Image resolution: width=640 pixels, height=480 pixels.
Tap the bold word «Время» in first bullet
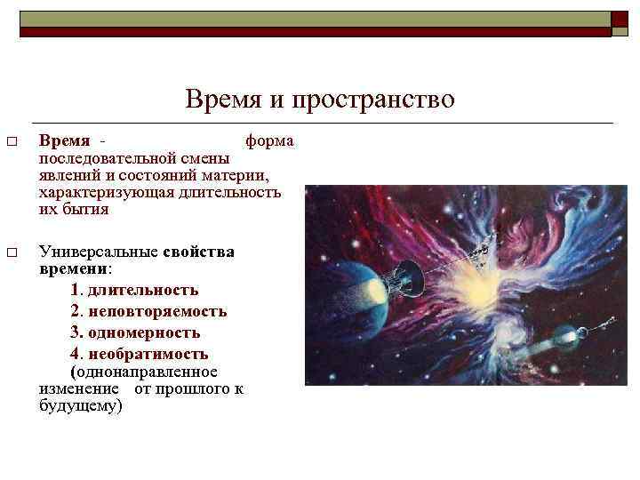65,141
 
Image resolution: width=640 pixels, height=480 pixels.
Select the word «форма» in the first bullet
269,141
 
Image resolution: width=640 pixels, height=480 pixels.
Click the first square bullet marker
11,142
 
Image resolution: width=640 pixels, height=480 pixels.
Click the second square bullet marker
11,253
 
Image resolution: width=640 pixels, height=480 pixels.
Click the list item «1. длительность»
133,291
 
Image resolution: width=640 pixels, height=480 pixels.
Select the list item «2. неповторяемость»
148,312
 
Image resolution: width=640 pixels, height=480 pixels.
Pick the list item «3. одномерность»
134,333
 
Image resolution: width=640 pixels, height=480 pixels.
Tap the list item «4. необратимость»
139,355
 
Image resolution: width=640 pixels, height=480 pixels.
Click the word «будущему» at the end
80,405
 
